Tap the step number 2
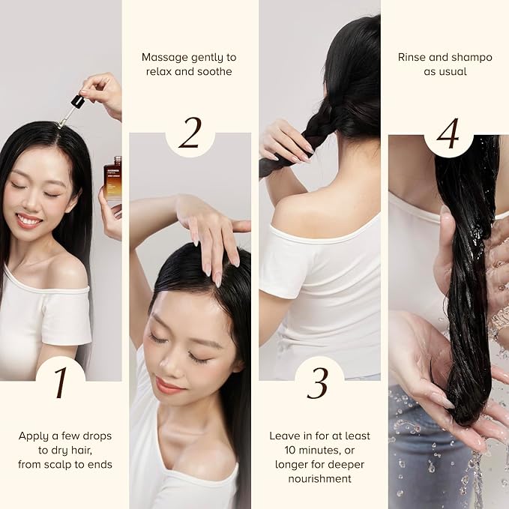click(190, 133)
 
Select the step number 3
click(319, 384)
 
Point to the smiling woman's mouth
click(29, 220)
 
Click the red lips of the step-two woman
click(169, 386)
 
